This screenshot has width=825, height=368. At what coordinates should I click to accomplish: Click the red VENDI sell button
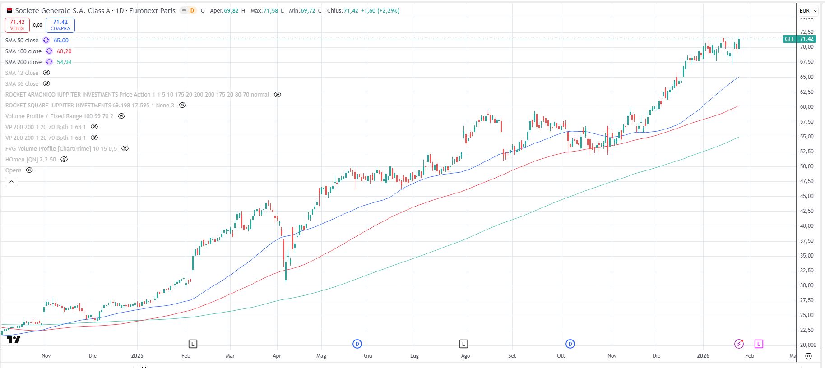click(17, 25)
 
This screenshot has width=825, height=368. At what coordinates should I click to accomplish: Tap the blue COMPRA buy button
click(60, 25)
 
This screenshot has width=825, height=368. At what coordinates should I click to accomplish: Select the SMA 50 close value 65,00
click(61, 40)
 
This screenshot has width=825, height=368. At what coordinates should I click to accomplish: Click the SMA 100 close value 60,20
click(64, 51)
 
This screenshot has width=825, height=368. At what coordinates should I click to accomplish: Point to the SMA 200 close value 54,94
click(64, 62)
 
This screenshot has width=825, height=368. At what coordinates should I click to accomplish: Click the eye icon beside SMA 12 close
click(46, 73)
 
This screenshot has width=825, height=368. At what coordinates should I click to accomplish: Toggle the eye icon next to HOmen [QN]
click(64, 159)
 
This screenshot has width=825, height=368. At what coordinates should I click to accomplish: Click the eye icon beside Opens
click(29, 170)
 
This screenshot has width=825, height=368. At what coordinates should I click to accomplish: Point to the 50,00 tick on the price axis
click(806, 166)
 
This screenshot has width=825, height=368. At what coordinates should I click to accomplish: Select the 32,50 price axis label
click(806, 270)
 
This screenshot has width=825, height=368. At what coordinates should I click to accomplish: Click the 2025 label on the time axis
click(137, 355)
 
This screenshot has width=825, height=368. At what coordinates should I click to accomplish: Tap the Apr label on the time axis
click(277, 355)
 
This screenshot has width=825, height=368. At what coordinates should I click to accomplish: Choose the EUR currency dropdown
click(808, 10)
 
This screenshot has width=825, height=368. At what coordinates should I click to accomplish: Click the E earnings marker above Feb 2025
click(193, 344)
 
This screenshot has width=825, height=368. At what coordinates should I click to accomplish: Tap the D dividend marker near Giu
click(357, 344)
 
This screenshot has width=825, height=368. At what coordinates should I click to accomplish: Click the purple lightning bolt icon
click(739, 344)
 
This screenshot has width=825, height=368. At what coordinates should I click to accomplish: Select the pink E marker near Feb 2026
click(759, 344)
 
